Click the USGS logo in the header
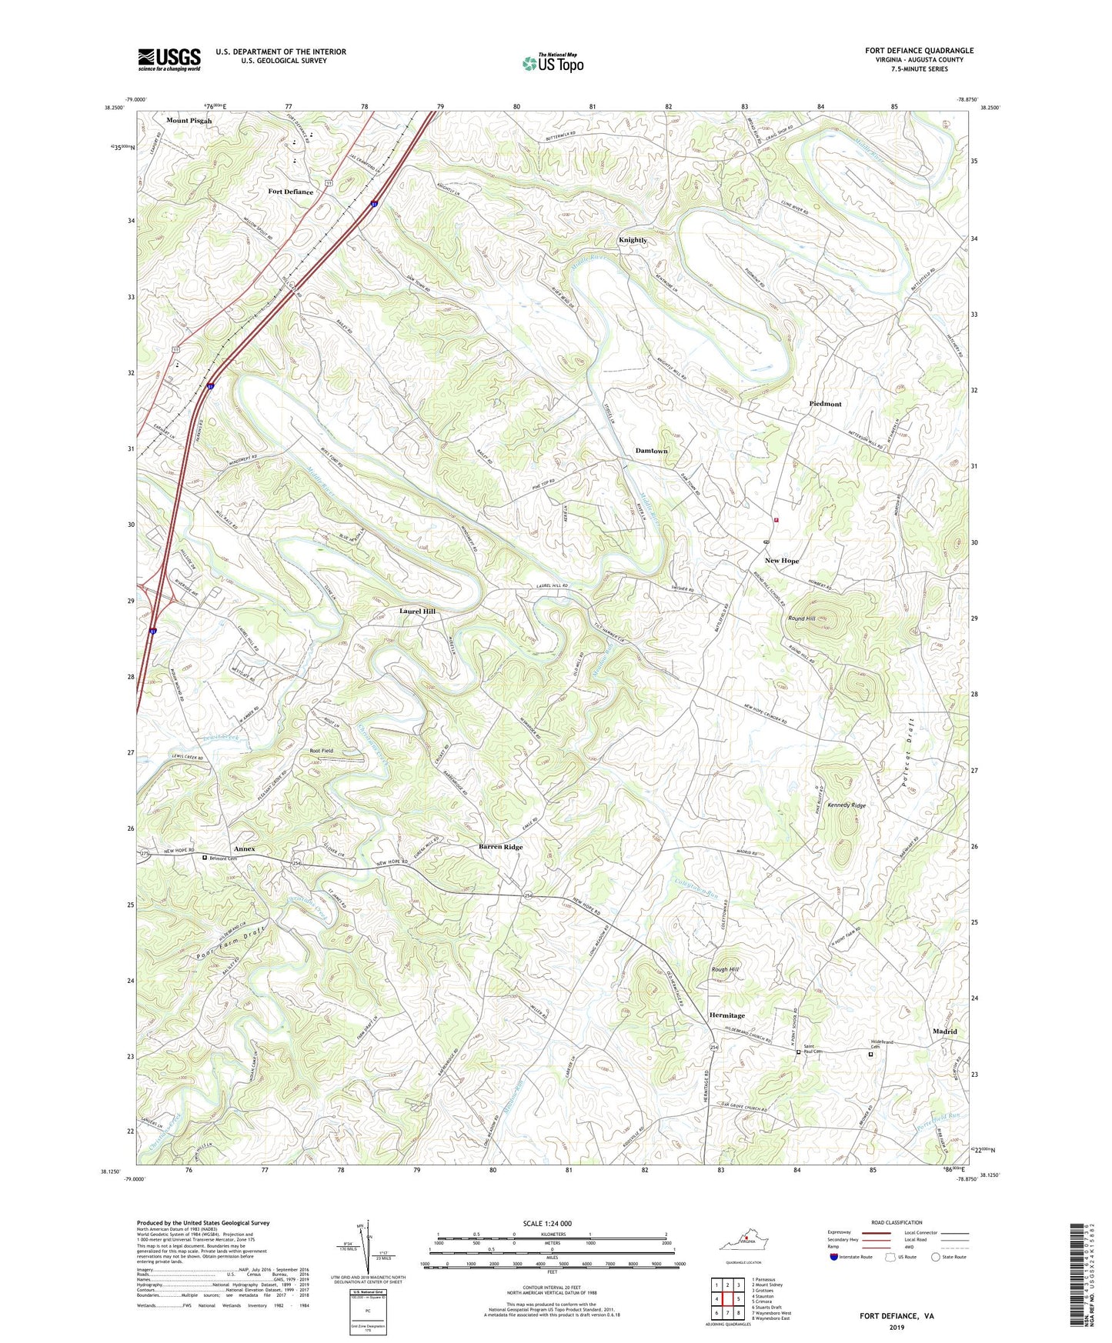coord(169,59)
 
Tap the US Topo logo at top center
coord(553,63)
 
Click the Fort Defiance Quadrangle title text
coord(919,51)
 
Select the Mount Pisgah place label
coord(189,121)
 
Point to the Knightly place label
coord(633,240)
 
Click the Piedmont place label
coord(825,404)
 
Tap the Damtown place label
coord(651,451)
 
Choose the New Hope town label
coord(781,561)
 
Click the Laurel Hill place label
coord(417,611)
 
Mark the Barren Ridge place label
coord(500,847)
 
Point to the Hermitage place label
coord(726,1015)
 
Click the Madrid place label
coord(944,1031)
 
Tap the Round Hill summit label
coord(801,618)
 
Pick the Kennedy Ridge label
coord(847,805)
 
